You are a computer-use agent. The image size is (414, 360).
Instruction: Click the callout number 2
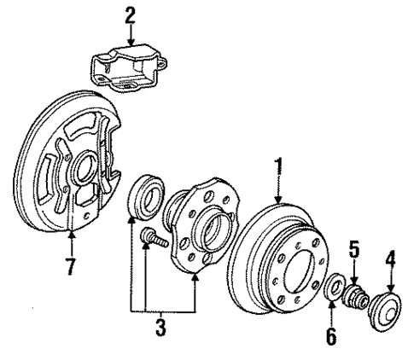pyautogui.click(x=130, y=15)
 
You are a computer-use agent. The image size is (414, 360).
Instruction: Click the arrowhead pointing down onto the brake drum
pyautogui.click(x=276, y=199)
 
